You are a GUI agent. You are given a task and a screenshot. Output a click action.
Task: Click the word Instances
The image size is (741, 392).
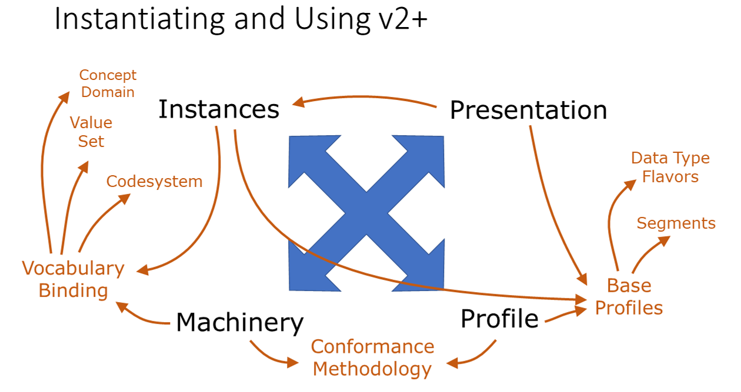(219, 109)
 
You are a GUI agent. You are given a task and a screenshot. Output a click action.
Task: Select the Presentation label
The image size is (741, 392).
(528, 110)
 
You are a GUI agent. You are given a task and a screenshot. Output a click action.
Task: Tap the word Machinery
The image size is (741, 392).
(239, 322)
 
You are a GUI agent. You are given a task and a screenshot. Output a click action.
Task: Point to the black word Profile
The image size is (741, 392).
(499, 319)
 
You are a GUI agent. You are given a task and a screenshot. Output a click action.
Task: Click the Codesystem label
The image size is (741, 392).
(154, 182)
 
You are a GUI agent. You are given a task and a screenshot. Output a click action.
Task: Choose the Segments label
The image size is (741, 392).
(676, 223)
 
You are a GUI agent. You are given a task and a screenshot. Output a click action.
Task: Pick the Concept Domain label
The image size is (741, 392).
(108, 83)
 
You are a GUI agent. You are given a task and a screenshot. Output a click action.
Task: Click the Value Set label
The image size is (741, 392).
(91, 132)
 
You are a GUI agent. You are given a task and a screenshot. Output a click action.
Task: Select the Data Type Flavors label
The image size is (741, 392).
(670, 167)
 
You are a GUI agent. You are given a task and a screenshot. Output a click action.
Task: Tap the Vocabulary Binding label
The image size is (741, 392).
(74, 279)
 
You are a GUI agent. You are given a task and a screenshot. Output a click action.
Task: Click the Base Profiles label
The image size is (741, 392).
(629, 297)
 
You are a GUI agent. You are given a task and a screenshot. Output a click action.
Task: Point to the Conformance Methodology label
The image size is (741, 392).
(372, 357)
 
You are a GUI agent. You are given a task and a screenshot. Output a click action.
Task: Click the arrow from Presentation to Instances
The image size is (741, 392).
(365, 100)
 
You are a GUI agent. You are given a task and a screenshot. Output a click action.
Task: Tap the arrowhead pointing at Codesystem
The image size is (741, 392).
(125, 199)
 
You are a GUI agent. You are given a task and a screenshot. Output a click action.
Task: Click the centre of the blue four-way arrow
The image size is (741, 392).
(367, 213)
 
